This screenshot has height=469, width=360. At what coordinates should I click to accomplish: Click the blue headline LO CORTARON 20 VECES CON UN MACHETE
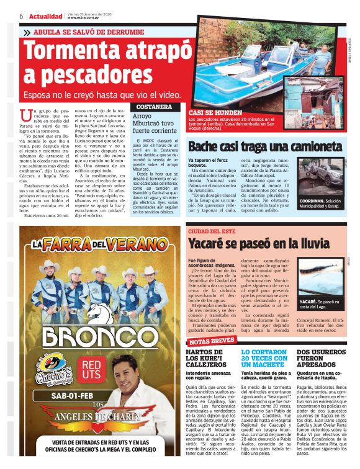coord(264,359)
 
